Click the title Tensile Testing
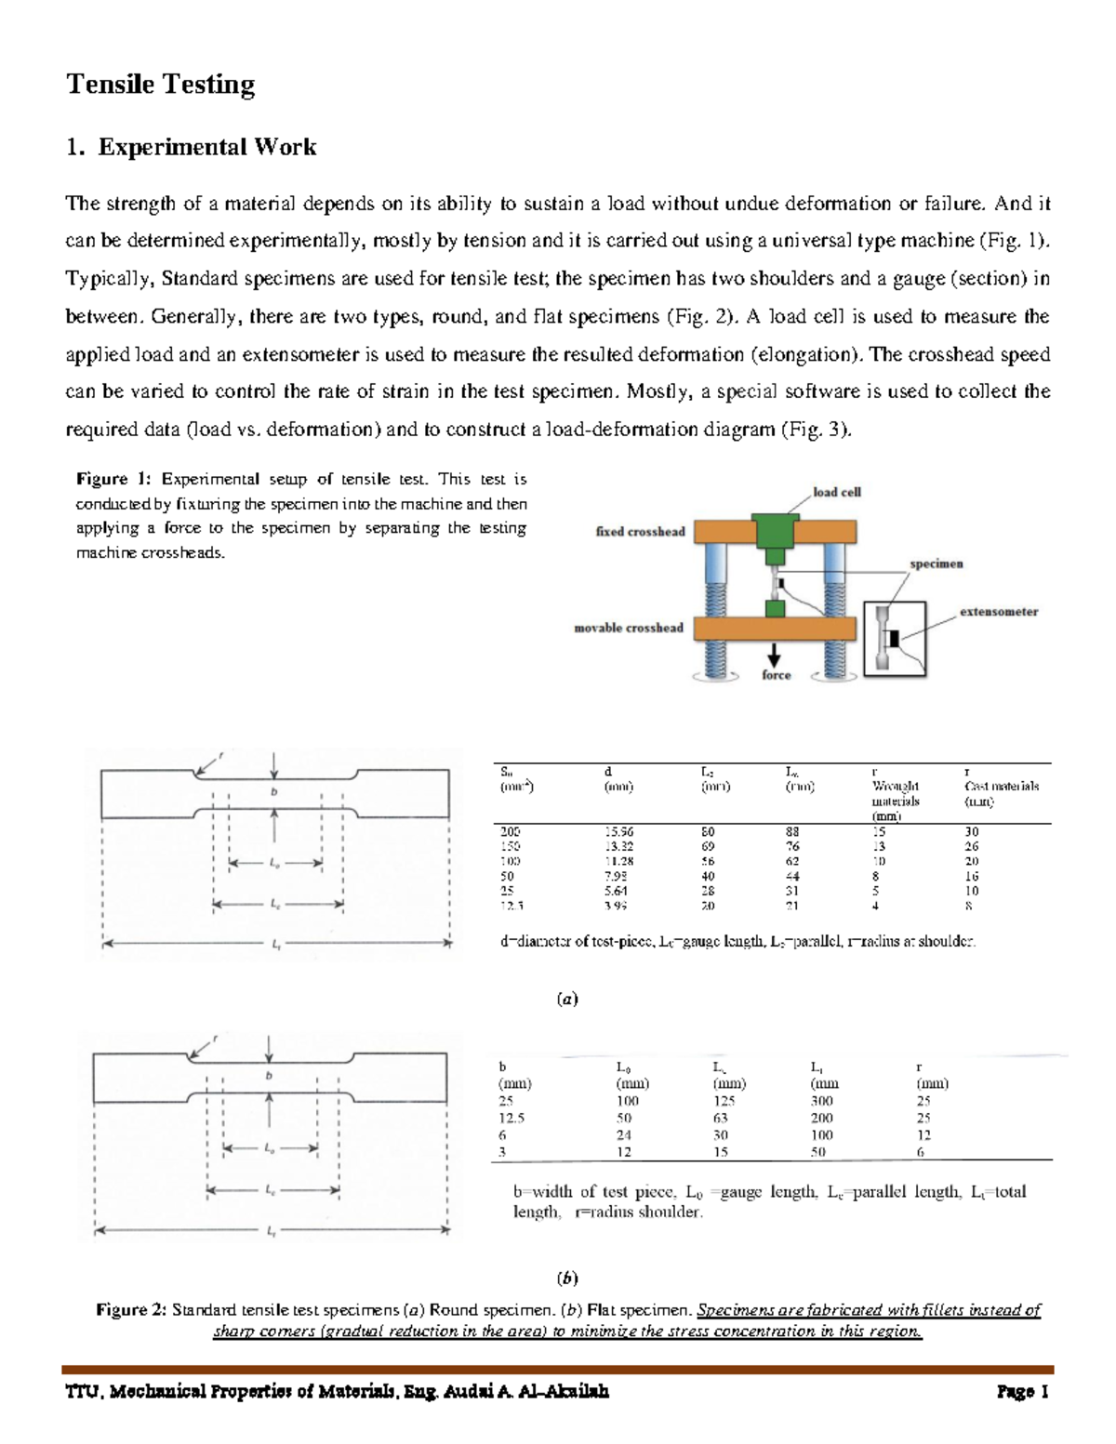[160, 85]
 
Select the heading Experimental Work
[206, 147]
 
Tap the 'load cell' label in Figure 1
[836, 492]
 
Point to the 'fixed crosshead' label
[640, 532]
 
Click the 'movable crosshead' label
[628, 629]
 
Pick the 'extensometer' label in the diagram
[998, 612]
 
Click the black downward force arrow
[774, 655]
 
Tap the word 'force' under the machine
[776, 676]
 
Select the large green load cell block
[777, 529]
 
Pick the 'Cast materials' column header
[1001, 787]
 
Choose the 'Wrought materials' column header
[895, 793]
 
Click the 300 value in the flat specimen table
[821, 1101]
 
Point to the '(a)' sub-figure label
[567, 1000]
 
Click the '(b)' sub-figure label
[567, 1278]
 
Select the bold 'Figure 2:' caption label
[131, 1310]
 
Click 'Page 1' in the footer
[1022, 1392]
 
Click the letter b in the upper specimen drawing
[274, 791]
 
